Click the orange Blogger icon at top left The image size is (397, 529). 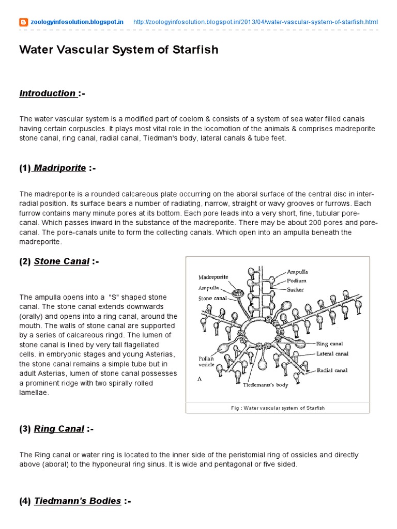[24, 22]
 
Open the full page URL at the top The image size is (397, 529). [255, 22]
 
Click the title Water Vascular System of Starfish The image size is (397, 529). [118, 50]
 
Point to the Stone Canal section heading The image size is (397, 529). [62, 261]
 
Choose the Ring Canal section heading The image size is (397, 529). [59, 429]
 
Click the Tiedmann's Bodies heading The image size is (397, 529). [78, 501]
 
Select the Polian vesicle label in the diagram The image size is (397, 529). [207, 361]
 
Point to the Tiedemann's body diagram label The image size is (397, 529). [267, 385]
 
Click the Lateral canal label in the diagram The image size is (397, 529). [332, 354]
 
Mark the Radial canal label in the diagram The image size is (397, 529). [332, 370]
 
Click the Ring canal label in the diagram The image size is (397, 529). [329, 344]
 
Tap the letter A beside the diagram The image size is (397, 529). [200, 379]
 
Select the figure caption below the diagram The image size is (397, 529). [278, 408]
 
